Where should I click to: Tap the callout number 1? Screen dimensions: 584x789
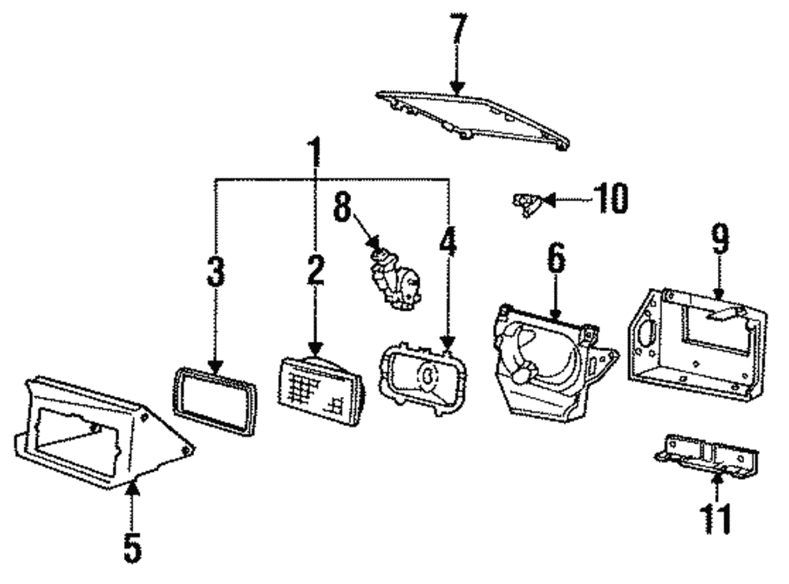[315, 155]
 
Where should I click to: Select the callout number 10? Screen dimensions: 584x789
[609, 199]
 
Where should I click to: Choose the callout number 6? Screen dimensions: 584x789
[557, 260]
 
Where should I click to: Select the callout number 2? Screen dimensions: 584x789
[315, 271]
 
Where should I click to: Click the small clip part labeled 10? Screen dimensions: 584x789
[525, 203]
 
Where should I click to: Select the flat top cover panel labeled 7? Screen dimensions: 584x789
[473, 118]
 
